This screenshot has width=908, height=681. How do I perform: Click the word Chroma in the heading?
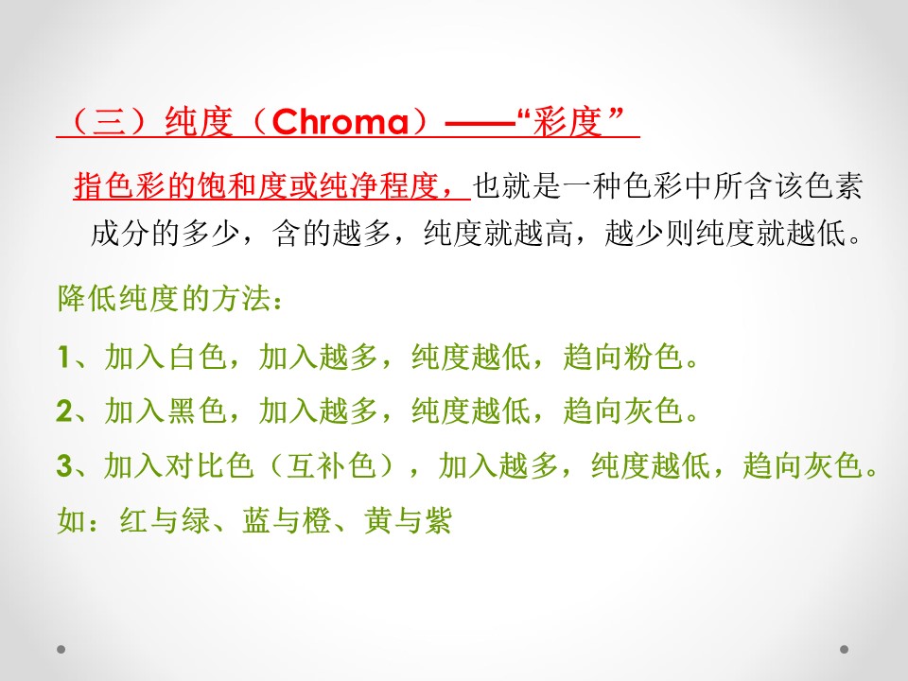340,122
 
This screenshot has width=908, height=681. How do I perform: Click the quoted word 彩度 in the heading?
567,122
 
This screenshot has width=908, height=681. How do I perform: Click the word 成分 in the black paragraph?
120,234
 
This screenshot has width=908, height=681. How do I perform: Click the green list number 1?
63,357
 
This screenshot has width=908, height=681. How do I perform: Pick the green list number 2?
64,410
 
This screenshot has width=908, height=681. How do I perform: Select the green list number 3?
64,465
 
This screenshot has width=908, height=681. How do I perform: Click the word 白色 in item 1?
197,357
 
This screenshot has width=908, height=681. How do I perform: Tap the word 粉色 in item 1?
653,357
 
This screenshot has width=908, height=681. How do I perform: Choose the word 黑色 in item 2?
197,410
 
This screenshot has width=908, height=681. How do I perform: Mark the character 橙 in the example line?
316,519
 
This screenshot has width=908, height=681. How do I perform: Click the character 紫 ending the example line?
438,519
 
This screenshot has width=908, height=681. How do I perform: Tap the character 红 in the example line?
134,519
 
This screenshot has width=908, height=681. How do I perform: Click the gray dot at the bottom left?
61,649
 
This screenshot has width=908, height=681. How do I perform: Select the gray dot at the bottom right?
845,649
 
